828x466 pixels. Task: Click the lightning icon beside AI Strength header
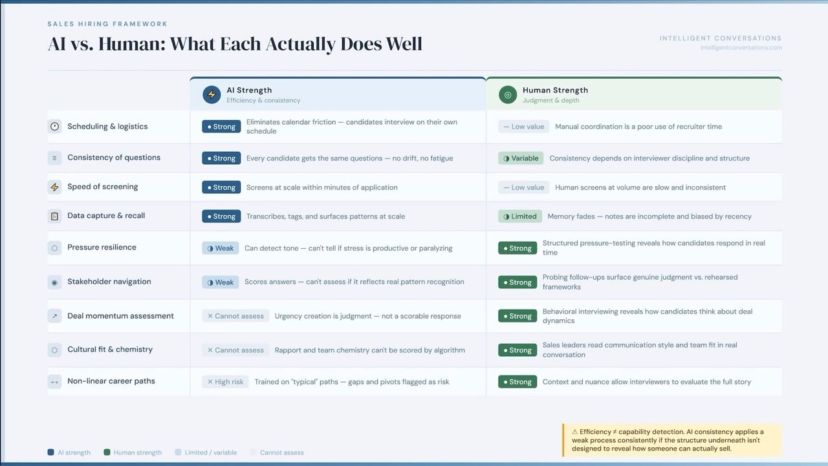[212, 94]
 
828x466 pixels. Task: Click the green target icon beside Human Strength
[508, 94]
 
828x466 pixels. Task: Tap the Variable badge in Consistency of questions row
[521, 158]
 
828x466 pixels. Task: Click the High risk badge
[225, 382]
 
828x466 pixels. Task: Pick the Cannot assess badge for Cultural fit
[235, 350]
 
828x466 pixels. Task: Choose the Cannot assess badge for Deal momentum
[235, 316]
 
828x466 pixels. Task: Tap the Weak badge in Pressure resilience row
[221, 248]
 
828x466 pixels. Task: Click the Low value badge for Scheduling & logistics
[523, 127]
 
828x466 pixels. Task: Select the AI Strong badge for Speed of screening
[221, 187]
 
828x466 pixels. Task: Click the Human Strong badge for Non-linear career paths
[517, 382]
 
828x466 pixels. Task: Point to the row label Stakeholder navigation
[109, 282]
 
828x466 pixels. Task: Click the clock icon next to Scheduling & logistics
[55, 127]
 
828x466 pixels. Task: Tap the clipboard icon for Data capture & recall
[55, 216]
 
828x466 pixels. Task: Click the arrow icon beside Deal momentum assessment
[55, 316]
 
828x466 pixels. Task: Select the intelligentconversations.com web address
[741, 48]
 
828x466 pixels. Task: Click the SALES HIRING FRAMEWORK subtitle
[107, 24]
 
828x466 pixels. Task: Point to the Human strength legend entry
[133, 452]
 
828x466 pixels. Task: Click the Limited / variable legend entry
[206, 452]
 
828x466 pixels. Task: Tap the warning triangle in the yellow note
[574, 432]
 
